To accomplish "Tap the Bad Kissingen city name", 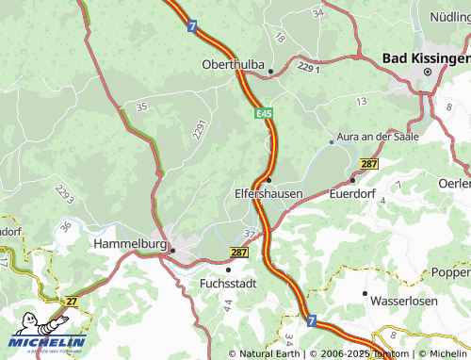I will click(x=426, y=58).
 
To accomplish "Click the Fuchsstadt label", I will click(x=227, y=282).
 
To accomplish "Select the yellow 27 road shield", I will click(x=72, y=301).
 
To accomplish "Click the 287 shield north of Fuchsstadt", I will click(x=238, y=253).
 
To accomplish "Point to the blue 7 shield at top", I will click(x=192, y=26).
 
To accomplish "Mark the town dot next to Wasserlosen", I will click(x=365, y=293).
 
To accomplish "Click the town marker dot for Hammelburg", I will click(x=171, y=250).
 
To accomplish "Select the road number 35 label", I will click(x=141, y=107).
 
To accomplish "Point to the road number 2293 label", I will click(x=65, y=192).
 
